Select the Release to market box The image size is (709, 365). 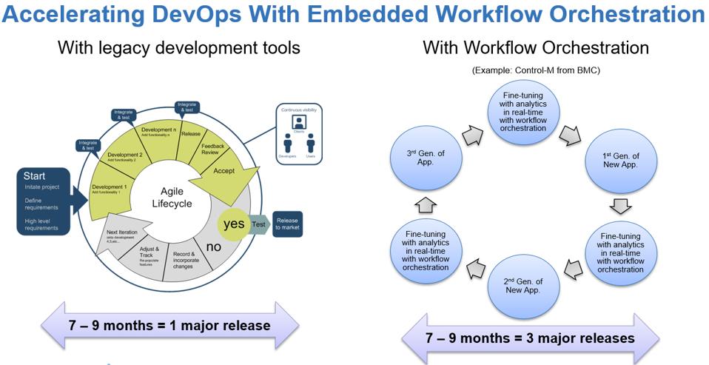point(287,224)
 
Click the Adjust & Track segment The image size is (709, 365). point(152,255)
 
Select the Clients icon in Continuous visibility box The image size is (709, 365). point(300,122)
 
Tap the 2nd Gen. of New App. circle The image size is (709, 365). point(523,285)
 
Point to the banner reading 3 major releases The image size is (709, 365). point(529,338)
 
